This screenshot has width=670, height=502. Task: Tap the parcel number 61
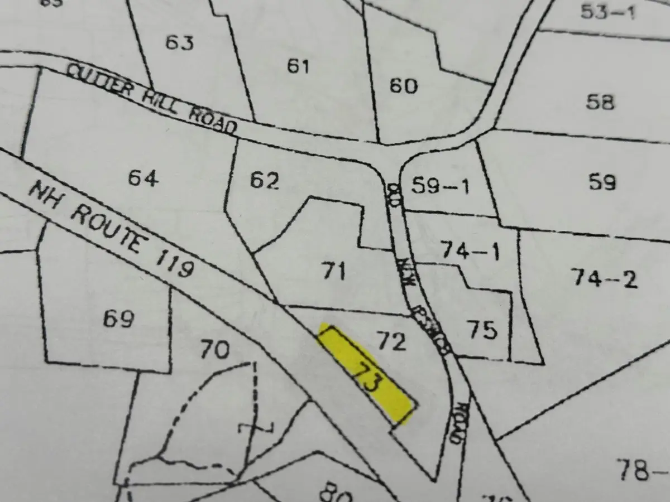pos(298,66)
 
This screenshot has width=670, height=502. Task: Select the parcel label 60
pos(403,86)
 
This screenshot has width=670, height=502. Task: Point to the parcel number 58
pos(600,102)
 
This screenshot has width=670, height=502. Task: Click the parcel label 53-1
pos(607,12)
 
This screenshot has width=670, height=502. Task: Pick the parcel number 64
pos(143,178)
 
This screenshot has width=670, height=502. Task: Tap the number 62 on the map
pos(264,181)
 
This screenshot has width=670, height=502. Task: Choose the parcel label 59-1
pos(440,185)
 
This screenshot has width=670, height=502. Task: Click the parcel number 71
pos(334,272)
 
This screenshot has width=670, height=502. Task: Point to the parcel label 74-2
pos(604,277)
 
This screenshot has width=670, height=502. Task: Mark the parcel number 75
pos(483,330)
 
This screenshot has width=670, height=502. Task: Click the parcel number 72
pos(391,341)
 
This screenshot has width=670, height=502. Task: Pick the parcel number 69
pos(119,319)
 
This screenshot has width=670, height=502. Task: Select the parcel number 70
pos(214,350)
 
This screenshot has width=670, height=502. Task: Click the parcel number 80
pos(336,494)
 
